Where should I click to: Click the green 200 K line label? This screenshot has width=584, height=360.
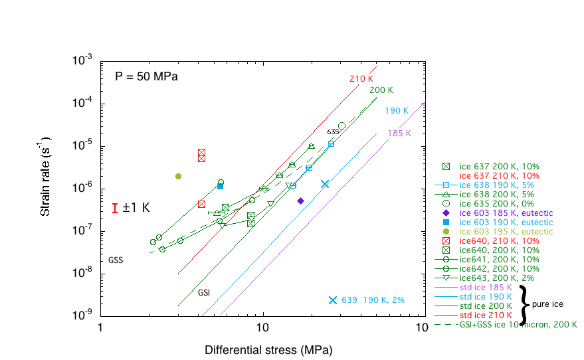[381, 90]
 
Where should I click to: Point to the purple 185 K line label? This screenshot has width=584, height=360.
[400, 134]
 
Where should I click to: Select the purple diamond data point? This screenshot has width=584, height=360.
[300, 201]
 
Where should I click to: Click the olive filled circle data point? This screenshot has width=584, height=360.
[178, 176]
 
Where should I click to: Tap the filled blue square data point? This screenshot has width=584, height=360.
[220, 186]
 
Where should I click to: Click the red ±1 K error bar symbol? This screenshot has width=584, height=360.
[116, 208]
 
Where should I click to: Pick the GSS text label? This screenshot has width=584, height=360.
[116, 260]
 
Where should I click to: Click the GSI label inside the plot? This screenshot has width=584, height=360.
[204, 292]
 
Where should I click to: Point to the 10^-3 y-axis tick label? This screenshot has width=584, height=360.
[82, 61]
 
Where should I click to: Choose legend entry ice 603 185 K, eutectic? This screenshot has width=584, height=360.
[507, 213]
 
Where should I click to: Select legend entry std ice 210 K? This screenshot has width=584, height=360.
[485, 315]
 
